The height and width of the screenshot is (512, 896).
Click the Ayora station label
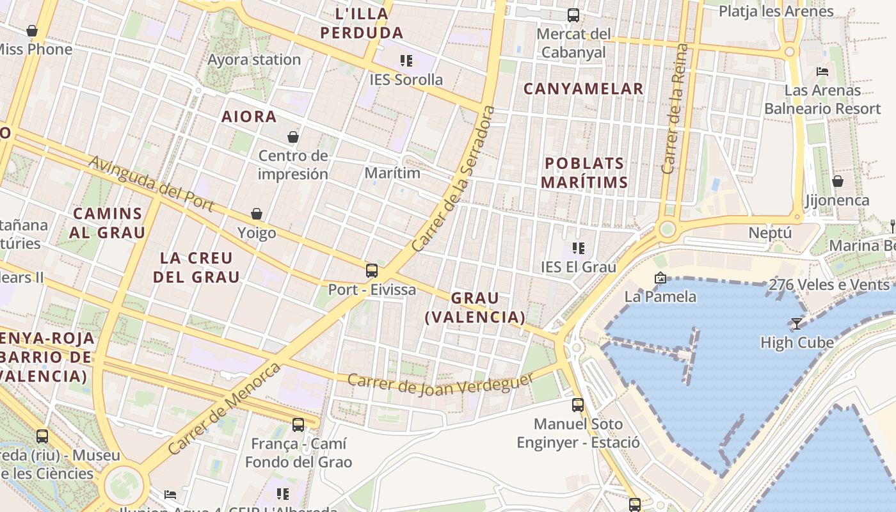pyautogui.click(x=254, y=60)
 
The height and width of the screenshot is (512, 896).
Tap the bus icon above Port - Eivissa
pyautogui.click(x=372, y=270)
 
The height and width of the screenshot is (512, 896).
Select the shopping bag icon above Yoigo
pyautogui.click(x=257, y=213)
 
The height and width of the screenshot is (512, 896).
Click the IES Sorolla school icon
pyautogui.click(x=406, y=61)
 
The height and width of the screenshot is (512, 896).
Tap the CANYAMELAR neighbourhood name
pyautogui.click(x=583, y=89)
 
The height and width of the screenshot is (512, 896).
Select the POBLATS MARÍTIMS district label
pyautogui.click(x=584, y=173)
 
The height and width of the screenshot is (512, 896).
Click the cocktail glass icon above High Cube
pyautogui.click(x=797, y=324)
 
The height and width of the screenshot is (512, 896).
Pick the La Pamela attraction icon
pyautogui.click(x=660, y=278)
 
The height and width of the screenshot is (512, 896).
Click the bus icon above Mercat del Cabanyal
pyautogui.click(x=573, y=15)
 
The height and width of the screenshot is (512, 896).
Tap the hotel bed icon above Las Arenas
pyautogui.click(x=822, y=71)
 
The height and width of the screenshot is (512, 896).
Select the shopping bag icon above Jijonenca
pyautogui.click(x=837, y=182)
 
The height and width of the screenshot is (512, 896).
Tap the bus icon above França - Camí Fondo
pyautogui.click(x=298, y=424)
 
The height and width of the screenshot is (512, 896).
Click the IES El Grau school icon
pyautogui.click(x=579, y=248)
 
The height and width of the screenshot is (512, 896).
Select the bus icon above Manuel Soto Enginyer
pyautogui.click(x=578, y=404)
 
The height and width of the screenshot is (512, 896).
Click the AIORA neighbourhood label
pyautogui.click(x=249, y=117)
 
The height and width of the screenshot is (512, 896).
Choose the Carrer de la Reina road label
pyautogui.click(x=676, y=109)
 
